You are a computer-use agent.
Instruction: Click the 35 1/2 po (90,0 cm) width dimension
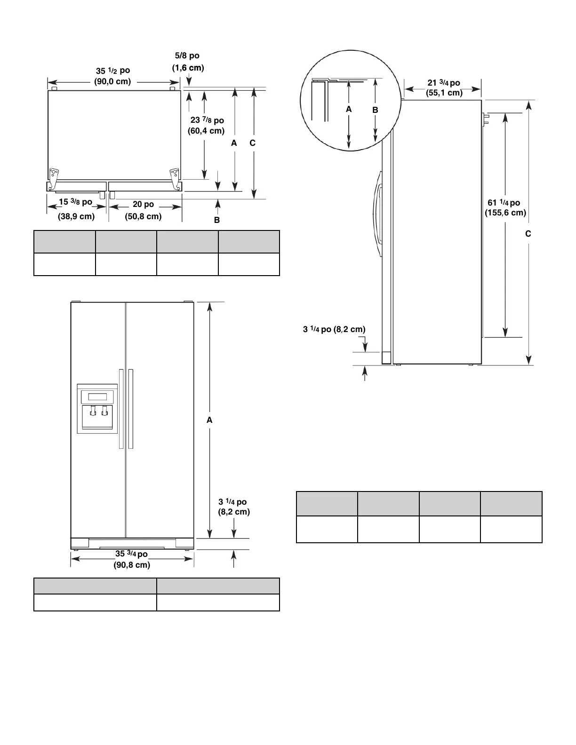tap(113, 76)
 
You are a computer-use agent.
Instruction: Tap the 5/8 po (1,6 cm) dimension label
tap(188, 62)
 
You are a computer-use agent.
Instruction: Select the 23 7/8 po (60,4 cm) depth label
tap(206, 125)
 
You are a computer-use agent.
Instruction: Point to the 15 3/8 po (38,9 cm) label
tap(76, 209)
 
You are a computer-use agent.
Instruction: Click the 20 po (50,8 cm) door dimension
tap(143, 210)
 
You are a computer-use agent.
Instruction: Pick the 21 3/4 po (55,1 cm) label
tap(444, 88)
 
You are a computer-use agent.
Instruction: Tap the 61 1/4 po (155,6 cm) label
tap(505, 207)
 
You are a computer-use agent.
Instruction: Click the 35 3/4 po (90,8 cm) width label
tap(132, 559)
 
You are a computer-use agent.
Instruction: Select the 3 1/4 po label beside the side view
tap(334, 329)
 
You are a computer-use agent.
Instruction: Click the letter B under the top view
tap(217, 220)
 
